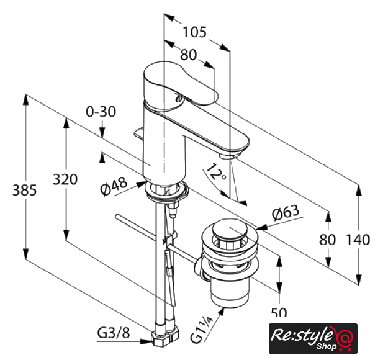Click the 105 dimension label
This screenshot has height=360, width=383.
pyautogui.click(x=195, y=32)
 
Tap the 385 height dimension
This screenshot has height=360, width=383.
pyautogui.click(x=24, y=190)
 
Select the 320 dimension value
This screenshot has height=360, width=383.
pyautogui.click(x=65, y=179)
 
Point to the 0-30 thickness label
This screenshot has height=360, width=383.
pyautogui.click(x=101, y=112)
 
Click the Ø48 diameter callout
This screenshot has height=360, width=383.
pyautogui.click(x=114, y=186)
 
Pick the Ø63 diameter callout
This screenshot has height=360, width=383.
pyautogui.click(x=286, y=213)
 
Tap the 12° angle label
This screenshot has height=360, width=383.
pyautogui.click(x=216, y=172)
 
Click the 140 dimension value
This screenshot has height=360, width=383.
pyautogui.click(x=358, y=240)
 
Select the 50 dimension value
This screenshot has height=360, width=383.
pyautogui.click(x=279, y=312)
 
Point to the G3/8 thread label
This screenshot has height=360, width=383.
pyautogui.click(x=114, y=333)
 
